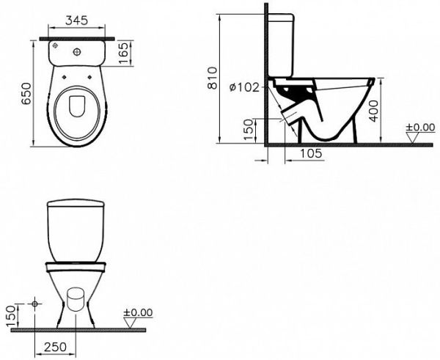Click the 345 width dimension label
[76, 21]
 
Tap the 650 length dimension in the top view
[26, 93]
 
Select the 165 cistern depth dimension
[123, 53]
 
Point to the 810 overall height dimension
[213, 78]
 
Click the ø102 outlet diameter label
[244, 87]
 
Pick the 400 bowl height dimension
[373, 111]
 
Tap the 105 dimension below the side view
[311, 153]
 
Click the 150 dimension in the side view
[249, 130]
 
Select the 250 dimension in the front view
[55, 347]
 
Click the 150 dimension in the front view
[10, 316]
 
